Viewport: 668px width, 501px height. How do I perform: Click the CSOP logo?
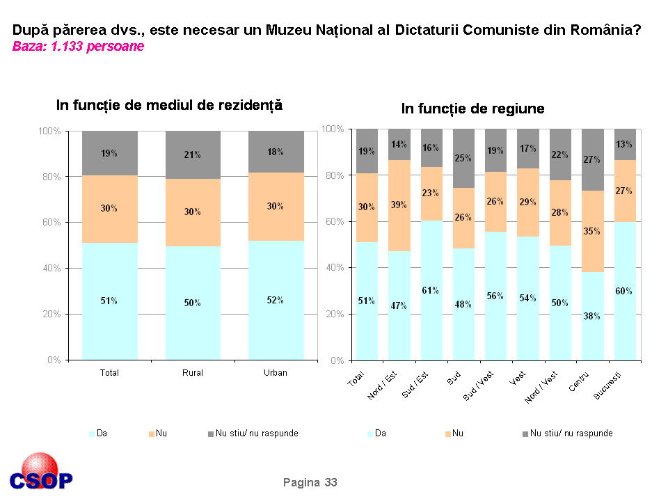(x=41, y=474)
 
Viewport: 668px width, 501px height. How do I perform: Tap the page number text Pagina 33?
(x=310, y=482)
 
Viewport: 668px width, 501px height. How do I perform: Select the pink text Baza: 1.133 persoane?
(x=78, y=47)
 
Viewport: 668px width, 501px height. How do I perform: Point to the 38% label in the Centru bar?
(x=592, y=316)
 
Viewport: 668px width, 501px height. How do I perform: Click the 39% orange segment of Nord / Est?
(x=399, y=205)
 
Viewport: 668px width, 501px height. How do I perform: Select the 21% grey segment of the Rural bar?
(x=193, y=155)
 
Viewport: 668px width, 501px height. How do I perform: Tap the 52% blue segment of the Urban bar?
(x=276, y=300)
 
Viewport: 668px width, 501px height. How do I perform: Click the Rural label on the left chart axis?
(x=193, y=373)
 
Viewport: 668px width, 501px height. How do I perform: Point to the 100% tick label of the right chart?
(x=334, y=130)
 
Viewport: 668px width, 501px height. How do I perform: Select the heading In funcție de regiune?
(x=472, y=109)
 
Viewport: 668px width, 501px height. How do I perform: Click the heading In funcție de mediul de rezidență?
(x=169, y=105)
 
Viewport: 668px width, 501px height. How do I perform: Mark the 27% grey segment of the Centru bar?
(x=592, y=159)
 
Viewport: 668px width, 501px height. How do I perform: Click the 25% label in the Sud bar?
(x=463, y=159)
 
